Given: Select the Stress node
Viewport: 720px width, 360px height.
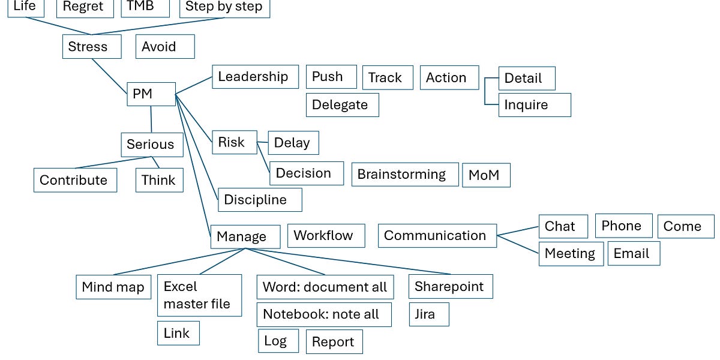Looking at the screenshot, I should coord(91,47).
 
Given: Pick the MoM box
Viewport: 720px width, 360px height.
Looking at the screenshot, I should coord(486,175).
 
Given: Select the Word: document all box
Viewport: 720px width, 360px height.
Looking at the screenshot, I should coord(325,287).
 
